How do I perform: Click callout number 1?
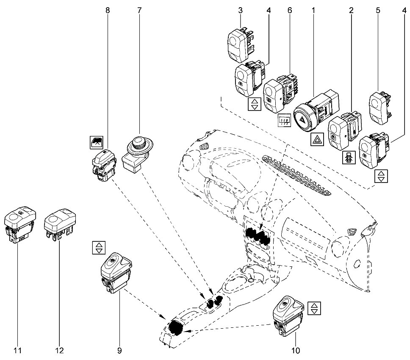(313, 10)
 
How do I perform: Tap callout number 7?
(139, 10)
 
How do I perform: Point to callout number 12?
(59, 350)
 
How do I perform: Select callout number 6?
(290, 10)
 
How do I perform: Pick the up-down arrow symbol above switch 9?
(98, 248)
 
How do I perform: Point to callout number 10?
(295, 350)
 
